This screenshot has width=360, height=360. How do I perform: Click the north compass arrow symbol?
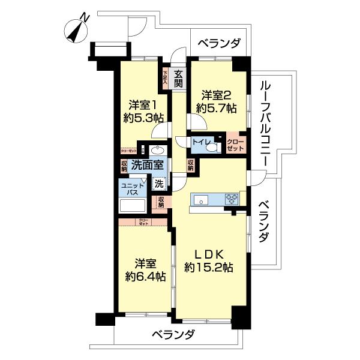click(x=77, y=29)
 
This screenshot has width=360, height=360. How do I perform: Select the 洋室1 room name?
click(x=140, y=103)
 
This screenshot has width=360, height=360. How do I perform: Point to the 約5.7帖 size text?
click(x=216, y=108)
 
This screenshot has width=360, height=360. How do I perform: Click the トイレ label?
click(x=199, y=142)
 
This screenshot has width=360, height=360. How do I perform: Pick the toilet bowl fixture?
click(x=214, y=145)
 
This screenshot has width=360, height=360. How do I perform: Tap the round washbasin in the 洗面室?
click(x=158, y=149)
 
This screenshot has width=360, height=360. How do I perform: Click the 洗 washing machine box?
click(x=159, y=183)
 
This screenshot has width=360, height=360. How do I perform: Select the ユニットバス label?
click(x=132, y=190)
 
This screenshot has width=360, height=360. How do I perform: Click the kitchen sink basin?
click(x=200, y=199)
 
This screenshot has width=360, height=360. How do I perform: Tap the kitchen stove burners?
click(x=232, y=199)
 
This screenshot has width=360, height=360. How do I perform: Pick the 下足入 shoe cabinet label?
click(x=166, y=76)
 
